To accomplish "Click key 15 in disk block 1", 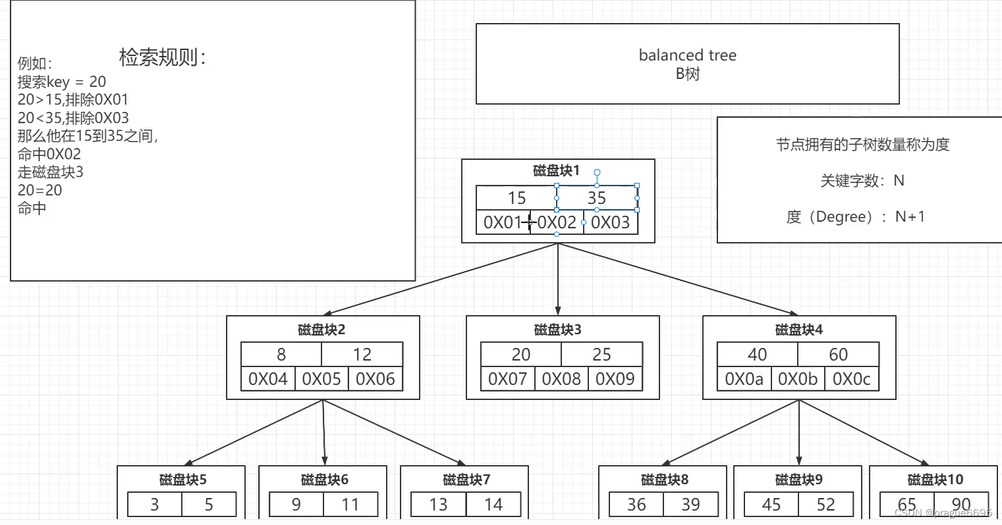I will click(x=516, y=198).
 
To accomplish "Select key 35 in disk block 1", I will click(x=597, y=198).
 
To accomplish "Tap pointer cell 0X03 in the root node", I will click(x=611, y=222).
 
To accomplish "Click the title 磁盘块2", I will click(x=321, y=330).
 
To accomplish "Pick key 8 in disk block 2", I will click(x=281, y=355).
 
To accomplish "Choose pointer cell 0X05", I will click(x=321, y=379).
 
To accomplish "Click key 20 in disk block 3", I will click(x=521, y=355).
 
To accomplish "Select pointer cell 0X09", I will click(x=615, y=379).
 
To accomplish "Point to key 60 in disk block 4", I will click(x=838, y=355).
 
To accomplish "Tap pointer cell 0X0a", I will click(x=744, y=379).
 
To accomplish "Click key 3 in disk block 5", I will click(x=155, y=505).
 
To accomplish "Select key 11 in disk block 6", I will click(x=350, y=505).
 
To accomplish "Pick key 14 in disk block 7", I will click(x=493, y=505).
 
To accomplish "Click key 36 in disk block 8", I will click(x=636, y=505).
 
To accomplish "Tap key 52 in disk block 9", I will click(x=825, y=505).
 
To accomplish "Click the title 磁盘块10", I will click(x=935, y=480).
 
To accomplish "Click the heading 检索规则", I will click(x=162, y=57).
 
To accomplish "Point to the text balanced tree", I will click(x=688, y=55).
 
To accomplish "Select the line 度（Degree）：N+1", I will click(x=856, y=216).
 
